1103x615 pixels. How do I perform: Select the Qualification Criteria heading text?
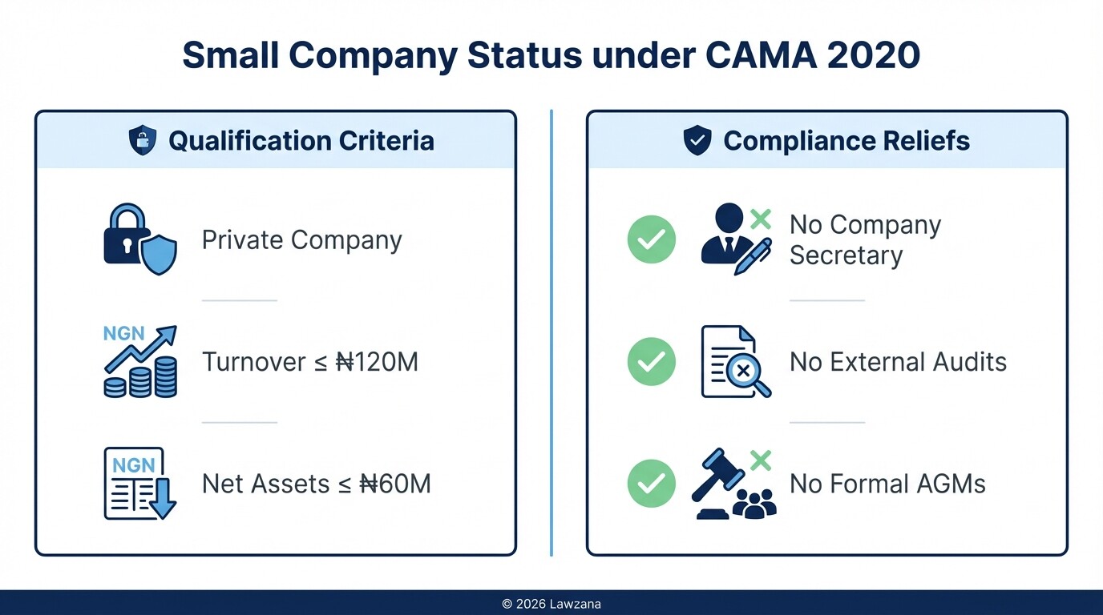pyautogui.click(x=301, y=141)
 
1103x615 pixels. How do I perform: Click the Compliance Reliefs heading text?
pyautogui.click(x=846, y=141)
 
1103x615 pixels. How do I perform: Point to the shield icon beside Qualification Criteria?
pyautogui.click(x=143, y=141)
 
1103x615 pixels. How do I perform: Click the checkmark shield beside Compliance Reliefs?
pyautogui.click(x=697, y=141)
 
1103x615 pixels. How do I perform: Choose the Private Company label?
pyautogui.click(x=301, y=239)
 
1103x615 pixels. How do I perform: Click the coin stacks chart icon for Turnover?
pyautogui.click(x=140, y=362)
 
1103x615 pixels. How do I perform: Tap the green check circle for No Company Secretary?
pyautogui.click(x=651, y=239)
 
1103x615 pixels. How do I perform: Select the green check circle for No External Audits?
pyautogui.click(x=651, y=362)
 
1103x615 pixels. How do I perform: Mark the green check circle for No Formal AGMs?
pyautogui.click(x=651, y=484)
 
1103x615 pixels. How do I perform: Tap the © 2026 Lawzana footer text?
pyautogui.click(x=551, y=604)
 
